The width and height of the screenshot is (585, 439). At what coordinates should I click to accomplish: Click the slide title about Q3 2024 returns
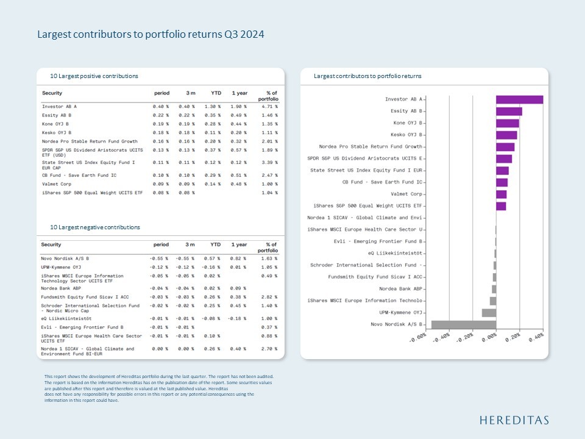coord(151,35)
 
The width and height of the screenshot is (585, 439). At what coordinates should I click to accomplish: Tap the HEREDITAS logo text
coord(514,420)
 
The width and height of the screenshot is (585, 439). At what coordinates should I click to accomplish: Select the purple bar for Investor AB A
coord(519,99)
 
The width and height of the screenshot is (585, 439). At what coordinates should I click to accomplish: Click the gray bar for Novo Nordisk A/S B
coord(463,324)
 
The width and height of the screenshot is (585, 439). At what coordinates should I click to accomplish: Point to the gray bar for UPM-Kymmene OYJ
coord(489,313)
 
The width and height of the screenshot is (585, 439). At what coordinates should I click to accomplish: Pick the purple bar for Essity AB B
coord(509,112)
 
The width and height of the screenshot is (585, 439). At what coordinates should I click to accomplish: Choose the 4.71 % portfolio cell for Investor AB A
coord(268,106)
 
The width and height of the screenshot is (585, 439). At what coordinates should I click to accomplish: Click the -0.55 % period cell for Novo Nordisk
coord(159,259)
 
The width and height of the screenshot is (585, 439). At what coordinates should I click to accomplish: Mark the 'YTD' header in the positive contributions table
coord(216,93)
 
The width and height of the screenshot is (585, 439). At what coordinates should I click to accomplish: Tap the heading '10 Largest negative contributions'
coord(95,227)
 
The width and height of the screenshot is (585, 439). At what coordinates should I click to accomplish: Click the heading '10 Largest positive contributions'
coord(94,76)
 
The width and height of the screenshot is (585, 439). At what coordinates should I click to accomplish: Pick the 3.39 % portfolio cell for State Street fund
coord(268,163)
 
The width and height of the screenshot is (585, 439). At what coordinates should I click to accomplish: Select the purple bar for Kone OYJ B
coord(507,123)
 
